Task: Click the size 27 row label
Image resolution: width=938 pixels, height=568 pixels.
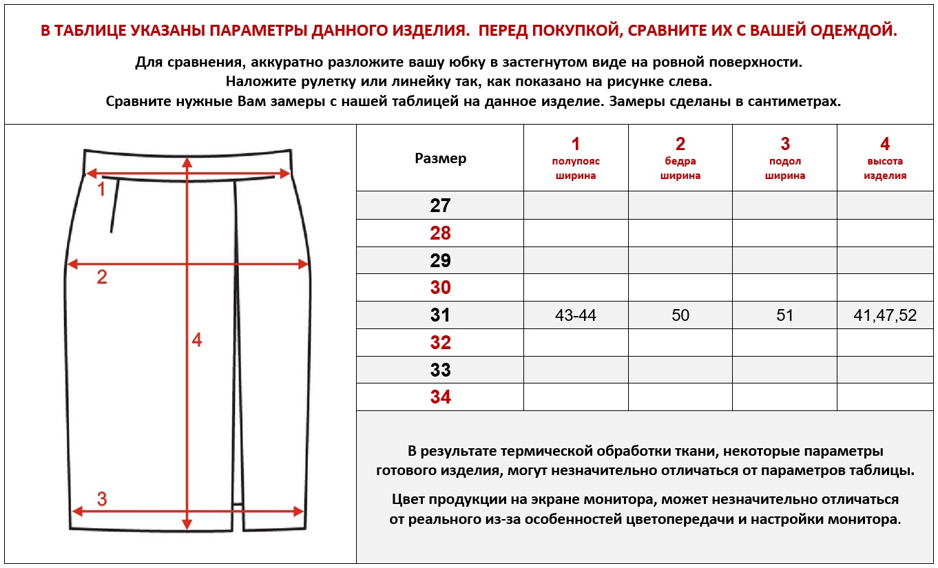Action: (x=440, y=205)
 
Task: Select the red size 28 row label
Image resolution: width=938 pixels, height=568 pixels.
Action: (x=440, y=233)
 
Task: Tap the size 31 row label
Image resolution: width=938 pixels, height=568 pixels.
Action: (x=440, y=315)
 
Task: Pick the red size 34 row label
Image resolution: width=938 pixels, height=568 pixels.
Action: (x=440, y=397)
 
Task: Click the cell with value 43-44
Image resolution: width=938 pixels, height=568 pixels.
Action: (x=576, y=315)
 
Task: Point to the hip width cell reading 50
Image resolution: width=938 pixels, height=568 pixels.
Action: (x=680, y=315)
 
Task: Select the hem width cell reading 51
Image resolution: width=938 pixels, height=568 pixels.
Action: (x=784, y=315)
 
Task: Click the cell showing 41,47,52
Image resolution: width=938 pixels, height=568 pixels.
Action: (x=885, y=315)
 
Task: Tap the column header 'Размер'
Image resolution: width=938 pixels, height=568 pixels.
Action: (x=440, y=158)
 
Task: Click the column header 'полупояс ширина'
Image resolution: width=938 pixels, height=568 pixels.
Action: (x=576, y=168)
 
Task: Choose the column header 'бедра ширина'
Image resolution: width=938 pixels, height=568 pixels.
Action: (x=680, y=168)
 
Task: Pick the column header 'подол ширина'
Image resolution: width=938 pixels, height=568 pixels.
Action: (x=784, y=168)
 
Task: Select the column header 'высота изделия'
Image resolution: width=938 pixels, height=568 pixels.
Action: (x=885, y=168)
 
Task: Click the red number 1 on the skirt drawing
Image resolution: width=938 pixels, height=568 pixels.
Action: (x=101, y=189)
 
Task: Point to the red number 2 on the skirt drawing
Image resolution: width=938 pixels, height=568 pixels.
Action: (x=102, y=277)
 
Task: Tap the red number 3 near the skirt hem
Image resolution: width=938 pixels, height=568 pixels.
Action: (x=102, y=498)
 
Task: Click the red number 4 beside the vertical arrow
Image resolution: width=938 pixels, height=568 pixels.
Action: (x=197, y=339)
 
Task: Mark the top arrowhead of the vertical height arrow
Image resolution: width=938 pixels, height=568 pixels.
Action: (x=187, y=160)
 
